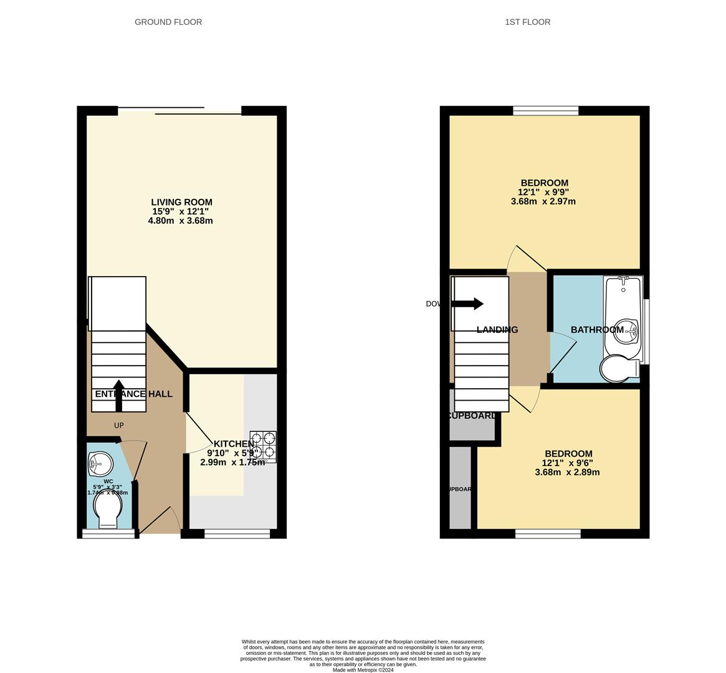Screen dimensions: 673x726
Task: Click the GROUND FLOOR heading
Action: [x=168, y=22]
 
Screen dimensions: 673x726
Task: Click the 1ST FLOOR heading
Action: [x=527, y=22]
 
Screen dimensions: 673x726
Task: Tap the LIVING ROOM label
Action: [x=181, y=202]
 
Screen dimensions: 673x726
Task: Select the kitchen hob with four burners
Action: [x=263, y=446]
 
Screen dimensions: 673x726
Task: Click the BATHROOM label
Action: [x=597, y=330]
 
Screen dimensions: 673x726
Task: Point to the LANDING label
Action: [x=497, y=330]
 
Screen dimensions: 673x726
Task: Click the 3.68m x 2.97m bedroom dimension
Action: [x=543, y=201]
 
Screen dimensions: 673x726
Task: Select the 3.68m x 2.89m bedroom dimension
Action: [x=567, y=472]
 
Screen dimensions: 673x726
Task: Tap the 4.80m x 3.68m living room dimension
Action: [x=180, y=221]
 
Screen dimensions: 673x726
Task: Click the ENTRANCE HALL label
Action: [x=133, y=394]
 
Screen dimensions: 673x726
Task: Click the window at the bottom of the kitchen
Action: [x=237, y=533]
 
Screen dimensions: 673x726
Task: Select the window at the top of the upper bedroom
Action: [x=545, y=111]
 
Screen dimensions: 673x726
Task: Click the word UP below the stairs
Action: [x=118, y=426]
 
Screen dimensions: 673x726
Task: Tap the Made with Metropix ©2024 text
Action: [x=363, y=670]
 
